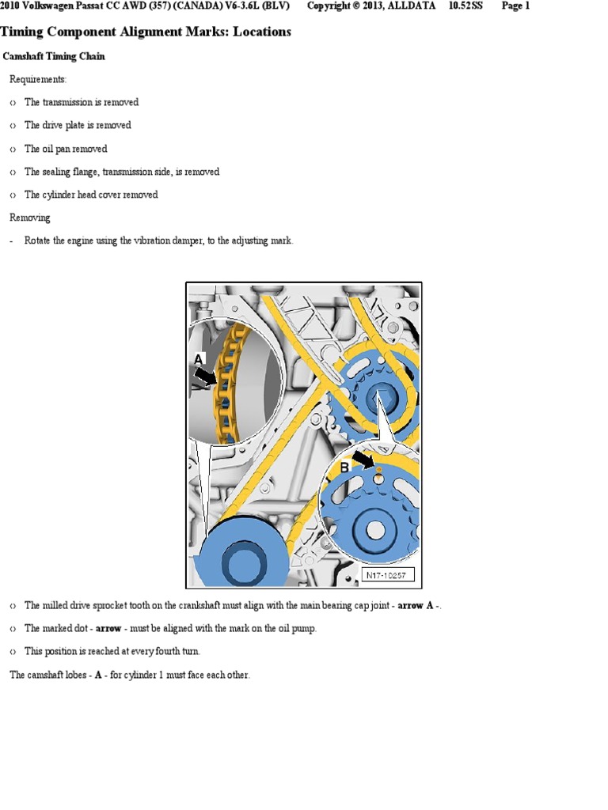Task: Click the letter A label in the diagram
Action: click(x=199, y=358)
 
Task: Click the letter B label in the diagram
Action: click(x=344, y=468)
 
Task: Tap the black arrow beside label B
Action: click(x=365, y=460)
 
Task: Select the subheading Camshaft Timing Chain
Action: click(x=54, y=57)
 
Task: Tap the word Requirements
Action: click(x=38, y=80)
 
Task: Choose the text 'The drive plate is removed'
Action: click(x=78, y=125)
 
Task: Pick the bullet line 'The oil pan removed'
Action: click(x=66, y=149)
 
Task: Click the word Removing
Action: click(x=29, y=218)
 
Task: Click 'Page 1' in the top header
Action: click(x=515, y=6)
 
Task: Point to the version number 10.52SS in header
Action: click(x=465, y=6)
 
